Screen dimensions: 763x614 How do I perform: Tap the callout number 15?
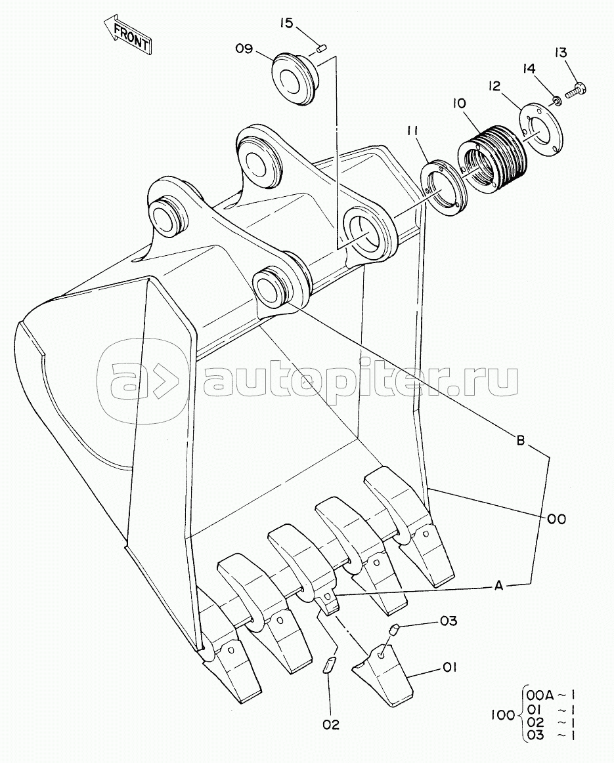(x=286, y=24)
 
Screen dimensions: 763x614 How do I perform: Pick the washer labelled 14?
(x=556, y=100)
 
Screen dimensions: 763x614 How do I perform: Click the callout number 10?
(x=459, y=103)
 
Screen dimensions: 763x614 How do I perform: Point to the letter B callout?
(x=520, y=442)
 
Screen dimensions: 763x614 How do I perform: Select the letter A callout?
(x=498, y=586)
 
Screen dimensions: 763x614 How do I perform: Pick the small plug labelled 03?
(x=395, y=630)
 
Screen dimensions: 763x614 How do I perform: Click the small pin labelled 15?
(x=322, y=47)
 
